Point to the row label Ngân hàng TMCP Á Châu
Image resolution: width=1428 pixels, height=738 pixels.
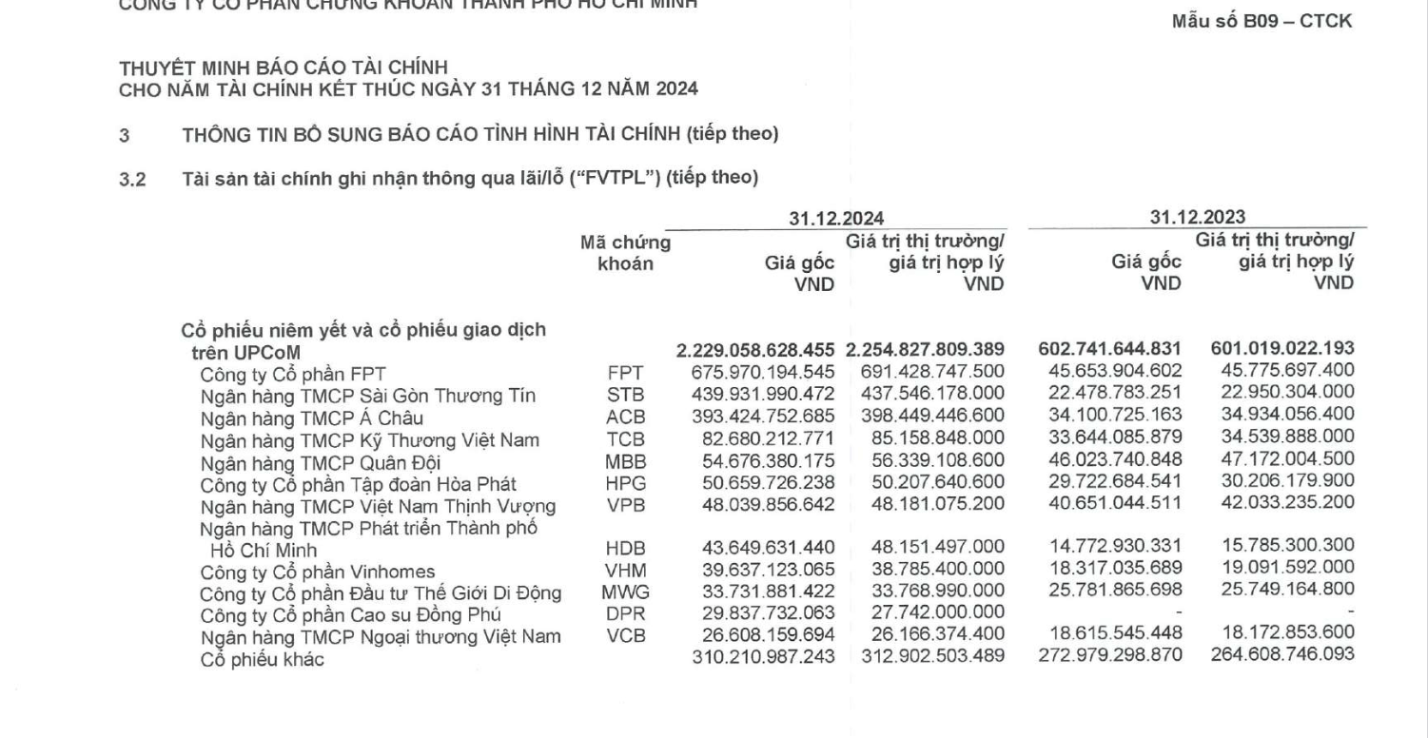click(311, 418)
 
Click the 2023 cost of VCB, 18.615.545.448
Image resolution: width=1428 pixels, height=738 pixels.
click(1109, 635)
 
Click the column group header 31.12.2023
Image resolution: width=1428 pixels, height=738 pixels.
click(1197, 218)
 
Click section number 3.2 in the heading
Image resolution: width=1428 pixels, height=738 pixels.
click(131, 178)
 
